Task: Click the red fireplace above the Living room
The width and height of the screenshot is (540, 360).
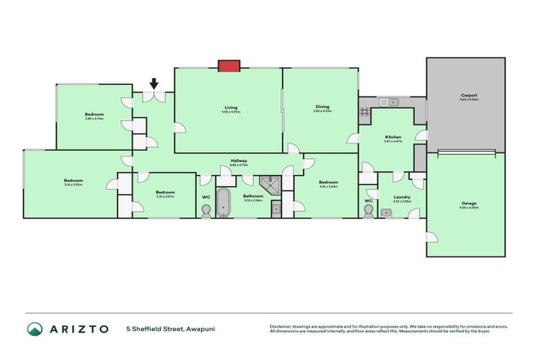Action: tap(229, 66)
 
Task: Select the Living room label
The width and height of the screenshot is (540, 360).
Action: tap(231, 108)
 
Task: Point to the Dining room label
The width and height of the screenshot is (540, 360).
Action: tap(323, 108)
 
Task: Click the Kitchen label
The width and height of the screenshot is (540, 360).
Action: tap(392, 138)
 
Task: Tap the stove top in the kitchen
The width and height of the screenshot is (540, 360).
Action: tap(365, 110)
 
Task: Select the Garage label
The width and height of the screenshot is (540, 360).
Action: tap(468, 205)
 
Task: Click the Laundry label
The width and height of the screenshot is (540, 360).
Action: tap(401, 198)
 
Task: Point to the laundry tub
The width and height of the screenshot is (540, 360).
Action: tap(386, 212)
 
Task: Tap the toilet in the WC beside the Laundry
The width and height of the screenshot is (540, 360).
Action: tap(368, 212)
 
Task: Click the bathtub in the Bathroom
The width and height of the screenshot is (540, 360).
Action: tap(223, 202)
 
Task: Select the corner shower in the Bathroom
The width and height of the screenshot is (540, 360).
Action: tap(269, 185)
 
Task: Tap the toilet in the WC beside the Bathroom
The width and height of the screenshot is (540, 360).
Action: tap(206, 211)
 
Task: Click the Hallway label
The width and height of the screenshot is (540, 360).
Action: tap(239, 162)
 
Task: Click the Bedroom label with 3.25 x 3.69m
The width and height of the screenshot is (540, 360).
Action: tap(328, 184)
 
